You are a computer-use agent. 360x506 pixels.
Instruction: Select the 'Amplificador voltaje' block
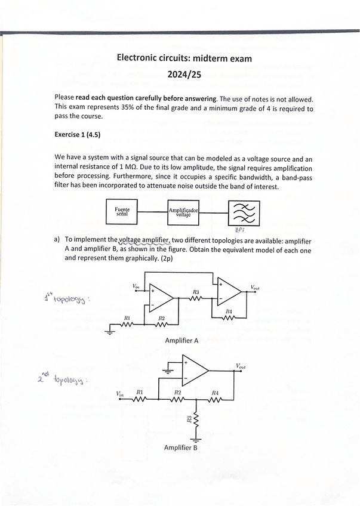tap(183, 212)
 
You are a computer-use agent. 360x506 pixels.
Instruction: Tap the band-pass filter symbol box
tap(244, 212)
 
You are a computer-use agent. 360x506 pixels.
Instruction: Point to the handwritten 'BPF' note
tap(241, 229)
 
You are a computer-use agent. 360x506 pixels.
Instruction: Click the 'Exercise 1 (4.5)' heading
tap(77, 135)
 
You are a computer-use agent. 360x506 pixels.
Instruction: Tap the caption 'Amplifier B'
tap(180, 448)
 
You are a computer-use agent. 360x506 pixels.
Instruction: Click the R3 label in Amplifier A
tap(196, 292)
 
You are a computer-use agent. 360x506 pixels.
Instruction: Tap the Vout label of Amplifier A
tap(255, 288)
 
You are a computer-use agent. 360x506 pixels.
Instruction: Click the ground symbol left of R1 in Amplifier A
tap(110, 332)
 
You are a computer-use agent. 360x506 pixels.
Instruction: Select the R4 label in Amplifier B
tap(215, 393)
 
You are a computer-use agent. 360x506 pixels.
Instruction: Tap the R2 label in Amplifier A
tap(161, 319)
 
